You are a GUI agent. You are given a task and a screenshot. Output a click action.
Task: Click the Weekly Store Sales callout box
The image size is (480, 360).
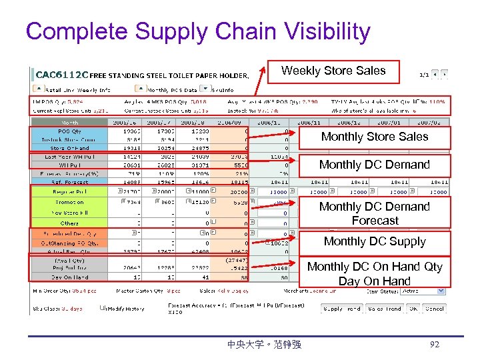[333, 71]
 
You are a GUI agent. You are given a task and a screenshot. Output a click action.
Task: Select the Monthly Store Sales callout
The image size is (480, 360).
[375, 137]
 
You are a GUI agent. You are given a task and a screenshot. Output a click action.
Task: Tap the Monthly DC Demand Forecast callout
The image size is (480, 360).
[375, 213]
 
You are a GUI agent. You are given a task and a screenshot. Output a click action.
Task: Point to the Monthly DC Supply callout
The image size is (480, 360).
[375, 242]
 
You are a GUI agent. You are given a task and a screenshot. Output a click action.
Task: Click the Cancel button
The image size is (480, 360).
[435, 309]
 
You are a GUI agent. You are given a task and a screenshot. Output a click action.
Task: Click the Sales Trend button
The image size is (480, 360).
[385, 309]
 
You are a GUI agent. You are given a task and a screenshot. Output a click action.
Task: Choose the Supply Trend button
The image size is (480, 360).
[342, 309]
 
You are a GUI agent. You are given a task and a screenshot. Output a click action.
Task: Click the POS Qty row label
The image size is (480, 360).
[69, 132]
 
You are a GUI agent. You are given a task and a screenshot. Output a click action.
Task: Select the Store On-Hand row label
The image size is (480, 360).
[69, 147]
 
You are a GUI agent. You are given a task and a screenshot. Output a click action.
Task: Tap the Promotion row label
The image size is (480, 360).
[69, 201]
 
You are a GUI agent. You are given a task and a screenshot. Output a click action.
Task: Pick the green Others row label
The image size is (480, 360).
[69, 223]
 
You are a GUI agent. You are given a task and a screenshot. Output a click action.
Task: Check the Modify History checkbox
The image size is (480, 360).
[103, 308]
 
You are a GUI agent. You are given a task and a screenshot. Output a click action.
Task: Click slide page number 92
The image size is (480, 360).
[435, 345]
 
